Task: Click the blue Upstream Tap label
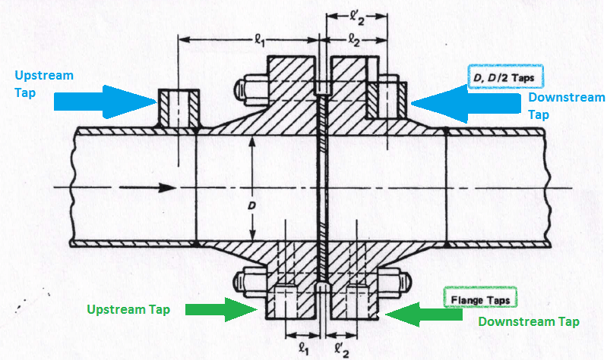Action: click(x=44, y=84)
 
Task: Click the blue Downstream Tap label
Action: click(x=566, y=106)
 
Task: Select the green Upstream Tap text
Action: click(x=129, y=310)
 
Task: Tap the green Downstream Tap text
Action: click(x=529, y=322)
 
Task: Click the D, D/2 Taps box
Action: click(x=505, y=77)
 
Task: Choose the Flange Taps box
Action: click(x=480, y=298)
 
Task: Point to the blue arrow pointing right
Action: click(x=105, y=102)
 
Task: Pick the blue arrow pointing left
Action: click(x=466, y=103)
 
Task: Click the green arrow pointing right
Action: click(x=221, y=310)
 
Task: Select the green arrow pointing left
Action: click(x=424, y=314)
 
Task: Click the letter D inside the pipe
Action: click(x=252, y=206)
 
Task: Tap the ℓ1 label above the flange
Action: click(x=259, y=40)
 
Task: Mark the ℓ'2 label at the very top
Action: click(x=357, y=18)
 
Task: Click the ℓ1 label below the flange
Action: click(x=304, y=349)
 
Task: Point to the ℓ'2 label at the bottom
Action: click(x=341, y=350)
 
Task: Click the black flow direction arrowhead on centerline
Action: click(x=167, y=188)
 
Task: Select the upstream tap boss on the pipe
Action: click(x=178, y=108)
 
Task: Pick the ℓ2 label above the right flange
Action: click(x=354, y=40)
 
